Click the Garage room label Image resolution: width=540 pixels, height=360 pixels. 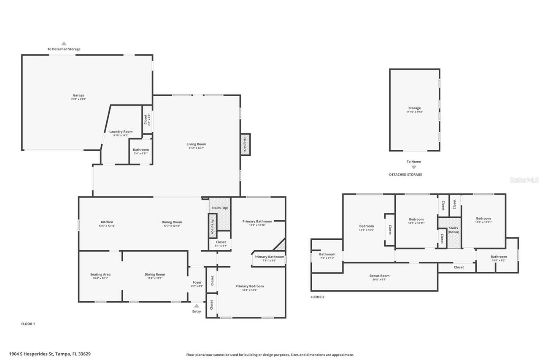pyautogui.click(x=78, y=95)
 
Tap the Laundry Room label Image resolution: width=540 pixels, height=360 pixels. pyautogui.click(x=121, y=132)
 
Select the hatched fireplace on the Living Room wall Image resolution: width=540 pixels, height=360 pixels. pyautogui.click(x=245, y=144)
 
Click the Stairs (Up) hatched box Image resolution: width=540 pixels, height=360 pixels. pyautogui.click(x=220, y=213)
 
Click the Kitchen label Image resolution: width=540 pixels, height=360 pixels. pyautogui.click(x=107, y=222)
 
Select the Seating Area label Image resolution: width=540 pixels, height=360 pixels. pyautogui.click(x=100, y=274)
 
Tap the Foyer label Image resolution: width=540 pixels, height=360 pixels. pyautogui.click(x=197, y=282)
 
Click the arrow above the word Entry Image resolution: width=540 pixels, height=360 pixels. pyautogui.click(x=197, y=306)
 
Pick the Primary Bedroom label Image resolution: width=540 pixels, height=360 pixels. pyautogui.click(x=249, y=286)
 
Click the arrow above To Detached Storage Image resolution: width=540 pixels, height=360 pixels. pyautogui.click(x=64, y=43)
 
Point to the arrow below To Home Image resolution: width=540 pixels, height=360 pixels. pyautogui.click(x=413, y=168)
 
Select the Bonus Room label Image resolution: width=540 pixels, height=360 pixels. pyautogui.click(x=379, y=276)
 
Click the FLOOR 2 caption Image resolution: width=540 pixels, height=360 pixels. pyautogui.click(x=317, y=297)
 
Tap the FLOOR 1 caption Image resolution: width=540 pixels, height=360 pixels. pyautogui.click(x=28, y=324)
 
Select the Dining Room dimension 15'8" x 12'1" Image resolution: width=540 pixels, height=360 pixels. pyautogui.click(x=155, y=278)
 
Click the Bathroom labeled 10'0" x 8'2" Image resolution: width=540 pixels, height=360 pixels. pyautogui.click(x=499, y=257)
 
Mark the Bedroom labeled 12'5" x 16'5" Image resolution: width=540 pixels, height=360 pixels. pyautogui.click(x=367, y=226)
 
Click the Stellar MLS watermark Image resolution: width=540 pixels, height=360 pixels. pyautogui.click(x=524, y=180)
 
